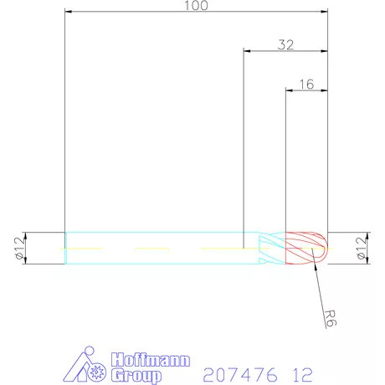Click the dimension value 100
coord(196,6)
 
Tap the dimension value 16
coord(306,84)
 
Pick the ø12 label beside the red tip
coord(361,248)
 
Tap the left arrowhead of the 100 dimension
coord(68,12)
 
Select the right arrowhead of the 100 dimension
coord(325,12)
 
